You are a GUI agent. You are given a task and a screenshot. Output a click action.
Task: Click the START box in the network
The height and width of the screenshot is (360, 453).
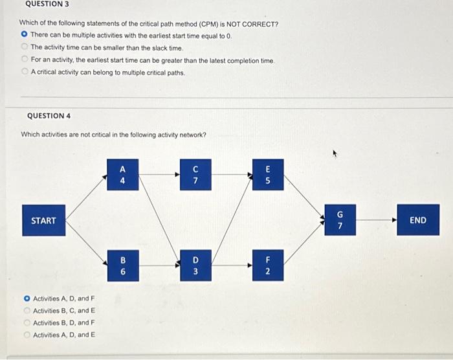click(x=43, y=220)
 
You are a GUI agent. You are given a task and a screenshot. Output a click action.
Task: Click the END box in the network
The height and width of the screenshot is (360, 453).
click(x=418, y=220)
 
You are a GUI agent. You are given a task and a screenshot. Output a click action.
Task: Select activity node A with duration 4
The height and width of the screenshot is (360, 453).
click(x=123, y=175)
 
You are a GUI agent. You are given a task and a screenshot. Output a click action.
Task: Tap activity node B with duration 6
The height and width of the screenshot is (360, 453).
click(x=123, y=266)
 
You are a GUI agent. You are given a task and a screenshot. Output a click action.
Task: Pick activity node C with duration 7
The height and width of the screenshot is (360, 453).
click(x=195, y=175)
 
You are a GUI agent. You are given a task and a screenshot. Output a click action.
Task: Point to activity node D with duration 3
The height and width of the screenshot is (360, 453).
click(x=195, y=266)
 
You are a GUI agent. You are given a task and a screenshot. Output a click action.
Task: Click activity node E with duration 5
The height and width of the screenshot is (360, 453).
click(x=268, y=175)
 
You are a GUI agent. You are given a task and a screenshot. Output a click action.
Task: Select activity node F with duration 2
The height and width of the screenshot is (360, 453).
click(x=268, y=266)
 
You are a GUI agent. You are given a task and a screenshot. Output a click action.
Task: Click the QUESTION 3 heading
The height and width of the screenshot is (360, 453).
click(x=47, y=4)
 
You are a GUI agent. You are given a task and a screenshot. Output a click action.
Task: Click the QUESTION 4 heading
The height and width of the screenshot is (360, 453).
click(x=49, y=116)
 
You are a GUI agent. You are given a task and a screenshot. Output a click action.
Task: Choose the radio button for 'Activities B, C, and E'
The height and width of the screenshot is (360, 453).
click(x=27, y=311)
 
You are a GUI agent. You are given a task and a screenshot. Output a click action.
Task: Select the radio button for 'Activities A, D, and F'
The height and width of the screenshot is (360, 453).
click(x=27, y=298)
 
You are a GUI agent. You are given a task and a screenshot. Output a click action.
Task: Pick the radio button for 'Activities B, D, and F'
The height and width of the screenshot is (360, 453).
click(x=27, y=322)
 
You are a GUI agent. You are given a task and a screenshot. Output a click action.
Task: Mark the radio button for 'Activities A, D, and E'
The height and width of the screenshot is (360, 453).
click(x=27, y=335)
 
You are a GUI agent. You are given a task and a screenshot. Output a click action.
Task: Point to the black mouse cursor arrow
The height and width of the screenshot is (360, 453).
click(x=335, y=154)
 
